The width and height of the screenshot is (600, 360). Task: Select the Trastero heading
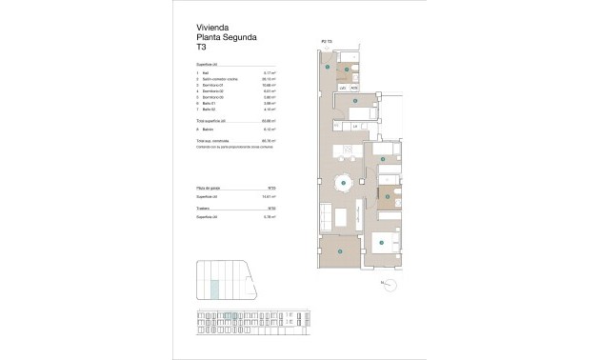(x=203, y=208)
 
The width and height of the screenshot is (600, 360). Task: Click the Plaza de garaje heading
(x=209, y=189)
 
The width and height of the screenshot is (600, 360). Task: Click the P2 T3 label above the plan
(x=326, y=41)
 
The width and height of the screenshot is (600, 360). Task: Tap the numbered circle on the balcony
(x=341, y=251)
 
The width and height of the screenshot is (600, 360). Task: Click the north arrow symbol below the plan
(x=383, y=283)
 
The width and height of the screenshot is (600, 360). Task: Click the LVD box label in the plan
(x=343, y=88)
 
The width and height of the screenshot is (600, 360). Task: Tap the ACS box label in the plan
(x=353, y=88)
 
